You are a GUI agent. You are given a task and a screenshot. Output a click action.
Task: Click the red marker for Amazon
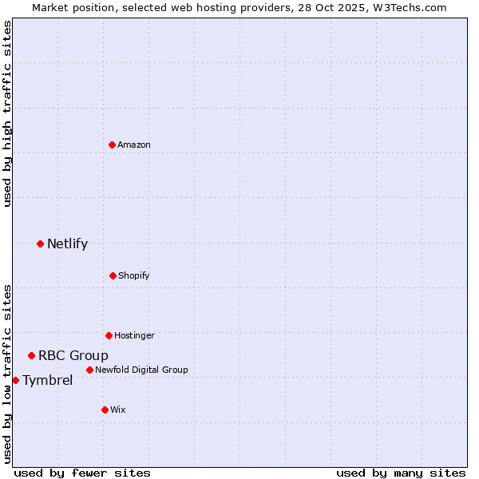point(113,144)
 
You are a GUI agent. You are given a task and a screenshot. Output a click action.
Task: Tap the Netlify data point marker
point(40,243)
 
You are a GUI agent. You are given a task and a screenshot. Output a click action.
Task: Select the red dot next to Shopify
point(113,275)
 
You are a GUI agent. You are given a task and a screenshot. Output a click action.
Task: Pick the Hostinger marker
point(109,335)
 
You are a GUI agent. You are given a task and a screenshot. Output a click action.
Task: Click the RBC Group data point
point(31,355)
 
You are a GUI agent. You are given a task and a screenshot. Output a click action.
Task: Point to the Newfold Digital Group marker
point(89,370)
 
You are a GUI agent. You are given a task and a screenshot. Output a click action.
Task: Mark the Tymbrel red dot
point(15,380)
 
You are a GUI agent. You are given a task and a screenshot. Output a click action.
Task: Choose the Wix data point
point(105,410)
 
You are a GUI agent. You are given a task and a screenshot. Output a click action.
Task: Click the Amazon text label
point(134,144)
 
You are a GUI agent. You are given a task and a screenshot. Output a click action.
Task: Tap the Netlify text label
point(67,243)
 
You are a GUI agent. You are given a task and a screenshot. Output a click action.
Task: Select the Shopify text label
point(134,275)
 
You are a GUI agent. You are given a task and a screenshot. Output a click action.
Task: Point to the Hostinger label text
point(134,335)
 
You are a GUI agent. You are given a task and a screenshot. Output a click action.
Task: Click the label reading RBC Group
point(73,355)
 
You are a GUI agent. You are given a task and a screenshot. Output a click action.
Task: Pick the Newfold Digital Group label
point(141,370)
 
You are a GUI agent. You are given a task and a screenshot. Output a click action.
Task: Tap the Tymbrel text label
point(47,380)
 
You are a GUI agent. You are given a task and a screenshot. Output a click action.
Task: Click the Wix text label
point(118,410)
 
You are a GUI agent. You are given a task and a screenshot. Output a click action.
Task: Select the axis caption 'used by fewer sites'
point(82,473)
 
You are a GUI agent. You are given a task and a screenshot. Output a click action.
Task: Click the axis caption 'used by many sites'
point(401,473)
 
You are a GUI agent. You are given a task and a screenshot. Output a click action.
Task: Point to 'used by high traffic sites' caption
point(7,113)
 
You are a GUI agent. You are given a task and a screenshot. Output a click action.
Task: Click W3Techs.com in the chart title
point(406,7)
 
